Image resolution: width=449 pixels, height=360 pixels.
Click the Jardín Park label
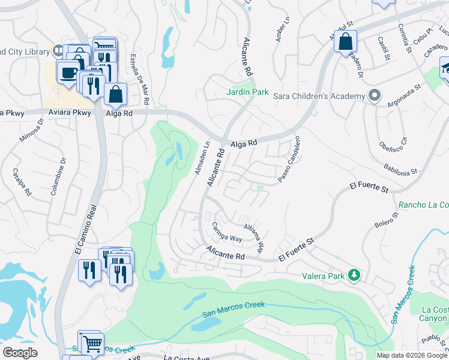[x=247, y=92]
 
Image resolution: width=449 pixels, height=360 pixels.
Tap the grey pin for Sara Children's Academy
[x=375, y=96]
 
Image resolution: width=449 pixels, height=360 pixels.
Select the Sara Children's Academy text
[x=319, y=96]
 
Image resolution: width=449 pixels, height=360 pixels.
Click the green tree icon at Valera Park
[x=355, y=275]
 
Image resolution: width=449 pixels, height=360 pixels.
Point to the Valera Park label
[x=325, y=276]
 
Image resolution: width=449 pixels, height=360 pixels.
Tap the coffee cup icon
[x=68, y=71]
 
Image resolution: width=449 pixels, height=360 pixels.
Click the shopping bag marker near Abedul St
[x=345, y=42]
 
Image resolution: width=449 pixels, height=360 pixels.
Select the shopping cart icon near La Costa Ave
[x=92, y=344]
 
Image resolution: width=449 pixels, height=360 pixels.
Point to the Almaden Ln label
[x=200, y=158]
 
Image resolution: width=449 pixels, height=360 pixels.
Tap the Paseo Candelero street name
[x=289, y=159]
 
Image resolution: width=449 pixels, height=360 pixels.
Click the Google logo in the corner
[x=20, y=352]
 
